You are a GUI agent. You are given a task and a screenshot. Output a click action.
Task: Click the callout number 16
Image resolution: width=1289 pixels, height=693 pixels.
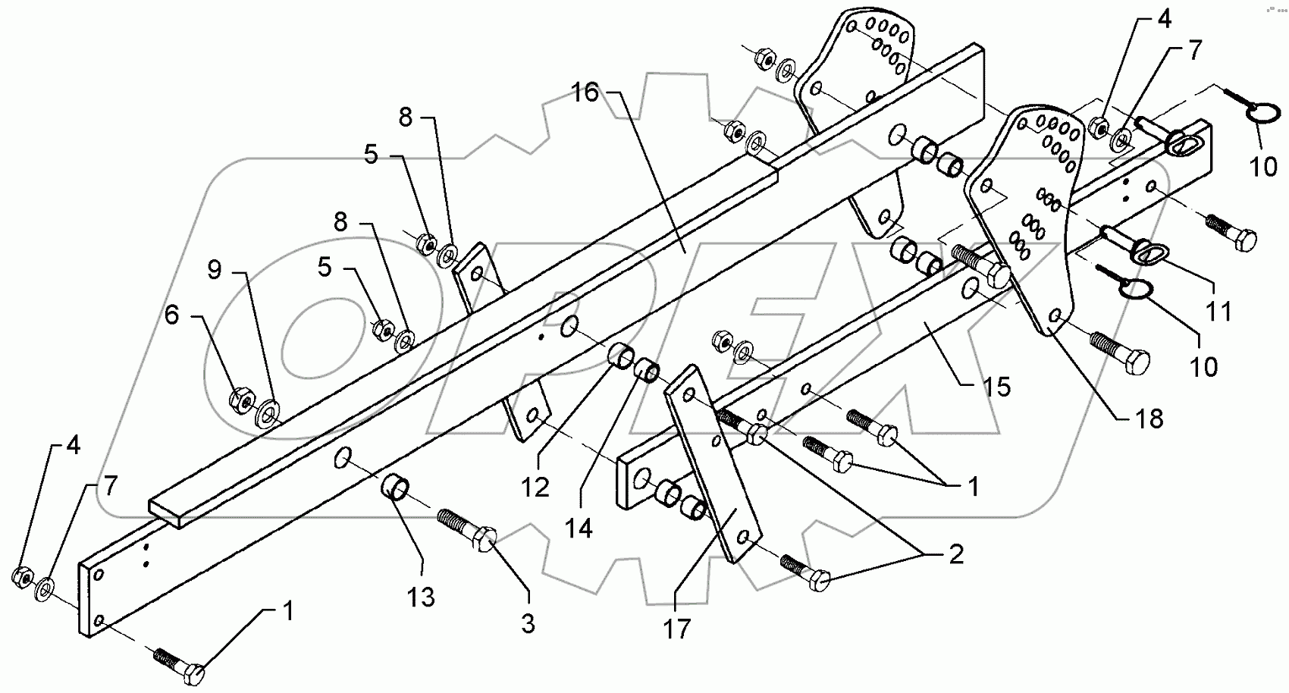coord(585,93)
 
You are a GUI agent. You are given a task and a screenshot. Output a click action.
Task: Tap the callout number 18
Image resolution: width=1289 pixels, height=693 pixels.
coord(1149,418)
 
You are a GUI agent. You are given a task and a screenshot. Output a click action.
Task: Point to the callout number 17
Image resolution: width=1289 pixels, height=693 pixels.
coord(677,628)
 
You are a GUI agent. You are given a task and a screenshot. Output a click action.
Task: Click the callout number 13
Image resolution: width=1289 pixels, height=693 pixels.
coord(421,597)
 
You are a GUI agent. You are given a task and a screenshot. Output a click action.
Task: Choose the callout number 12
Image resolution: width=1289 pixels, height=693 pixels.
coord(535,486)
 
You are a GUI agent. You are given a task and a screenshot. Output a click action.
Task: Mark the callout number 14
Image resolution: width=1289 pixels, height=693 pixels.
coord(579,528)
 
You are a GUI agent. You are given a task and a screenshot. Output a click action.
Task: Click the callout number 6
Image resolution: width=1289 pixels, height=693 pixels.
coord(172,315)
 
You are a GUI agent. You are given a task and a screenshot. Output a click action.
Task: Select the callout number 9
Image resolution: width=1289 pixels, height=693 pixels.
coord(215,270)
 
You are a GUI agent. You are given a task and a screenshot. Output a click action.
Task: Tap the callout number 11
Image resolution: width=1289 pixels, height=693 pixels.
coord(1218,311)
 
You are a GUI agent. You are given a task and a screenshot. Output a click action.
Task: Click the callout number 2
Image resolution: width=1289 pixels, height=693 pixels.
coord(955,555)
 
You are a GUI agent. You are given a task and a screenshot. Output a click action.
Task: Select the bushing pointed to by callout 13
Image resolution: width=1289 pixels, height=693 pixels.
coord(396,486)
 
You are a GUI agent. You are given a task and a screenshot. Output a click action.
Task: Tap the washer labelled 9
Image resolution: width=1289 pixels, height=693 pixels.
coord(267,414)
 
